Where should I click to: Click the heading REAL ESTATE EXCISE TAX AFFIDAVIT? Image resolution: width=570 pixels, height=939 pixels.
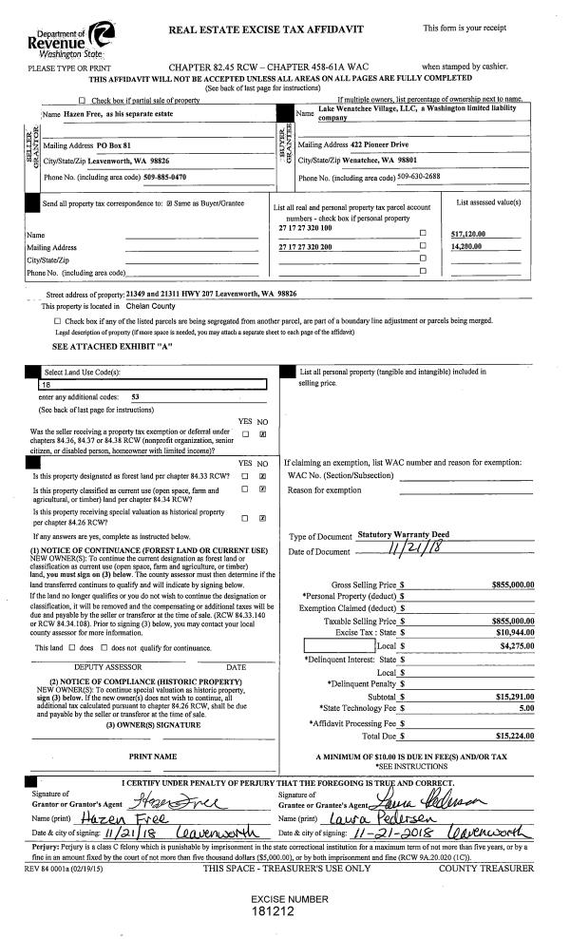coord(266,30)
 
